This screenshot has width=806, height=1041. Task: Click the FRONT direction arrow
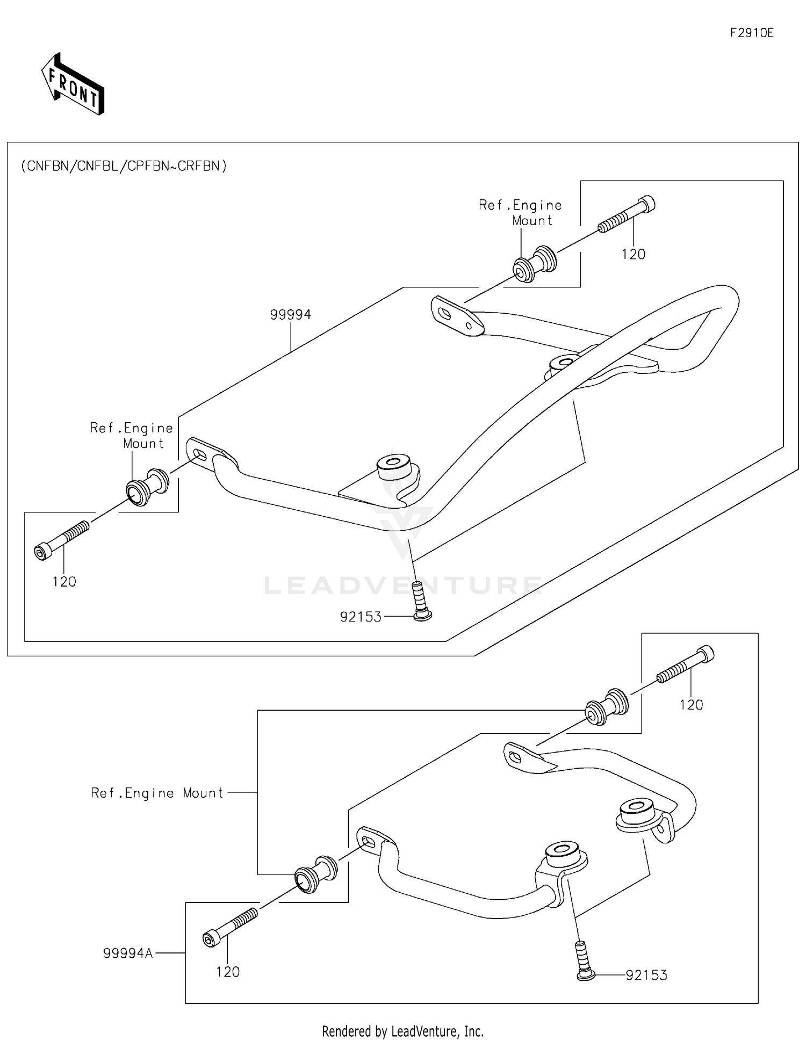tap(73, 84)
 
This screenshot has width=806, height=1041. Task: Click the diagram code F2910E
tap(751, 33)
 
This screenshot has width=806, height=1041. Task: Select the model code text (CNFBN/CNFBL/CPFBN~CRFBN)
tap(124, 166)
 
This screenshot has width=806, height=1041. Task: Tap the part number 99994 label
tap(290, 315)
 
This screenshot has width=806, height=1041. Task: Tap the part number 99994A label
tap(128, 953)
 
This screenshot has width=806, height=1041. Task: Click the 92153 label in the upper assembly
tap(361, 617)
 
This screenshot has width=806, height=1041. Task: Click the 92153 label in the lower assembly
tap(646, 975)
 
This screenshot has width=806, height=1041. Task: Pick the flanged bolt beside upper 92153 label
tap(421, 601)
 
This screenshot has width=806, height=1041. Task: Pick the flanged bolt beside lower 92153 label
tap(583, 961)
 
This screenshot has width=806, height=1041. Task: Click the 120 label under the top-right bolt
tap(634, 254)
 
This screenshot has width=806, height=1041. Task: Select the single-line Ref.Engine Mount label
tap(157, 793)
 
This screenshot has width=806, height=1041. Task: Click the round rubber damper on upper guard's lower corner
tap(398, 468)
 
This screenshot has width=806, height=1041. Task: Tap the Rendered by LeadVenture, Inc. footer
tap(402, 1031)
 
